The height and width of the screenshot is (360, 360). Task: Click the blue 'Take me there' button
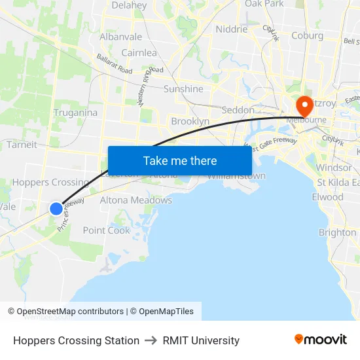(x=180, y=160)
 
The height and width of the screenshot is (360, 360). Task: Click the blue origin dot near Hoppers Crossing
(x=56, y=209)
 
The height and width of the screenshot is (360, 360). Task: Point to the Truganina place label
(x=76, y=113)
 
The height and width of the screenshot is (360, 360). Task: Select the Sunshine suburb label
(x=183, y=89)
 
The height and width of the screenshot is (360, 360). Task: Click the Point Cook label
(x=107, y=230)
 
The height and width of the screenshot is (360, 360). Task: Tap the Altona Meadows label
(x=136, y=200)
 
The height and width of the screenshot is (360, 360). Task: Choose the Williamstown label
(x=237, y=177)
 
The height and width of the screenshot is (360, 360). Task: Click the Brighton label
(x=337, y=232)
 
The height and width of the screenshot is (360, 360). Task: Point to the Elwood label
(x=327, y=197)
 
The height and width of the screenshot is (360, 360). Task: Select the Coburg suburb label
(x=307, y=35)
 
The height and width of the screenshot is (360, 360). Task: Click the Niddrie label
(x=232, y=29)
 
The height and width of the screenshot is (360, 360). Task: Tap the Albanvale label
(x=120, y=37)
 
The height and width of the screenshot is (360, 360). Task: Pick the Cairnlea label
(x=139, y=52)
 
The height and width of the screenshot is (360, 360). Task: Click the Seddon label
(x=237, y=110)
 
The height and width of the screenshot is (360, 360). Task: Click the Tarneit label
(x=21, y=145)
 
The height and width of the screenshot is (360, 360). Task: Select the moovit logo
(x=321, y=339)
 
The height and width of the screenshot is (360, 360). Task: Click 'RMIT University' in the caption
(x=201, y=340)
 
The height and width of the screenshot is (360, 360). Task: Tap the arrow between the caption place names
(x=151, y=340)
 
